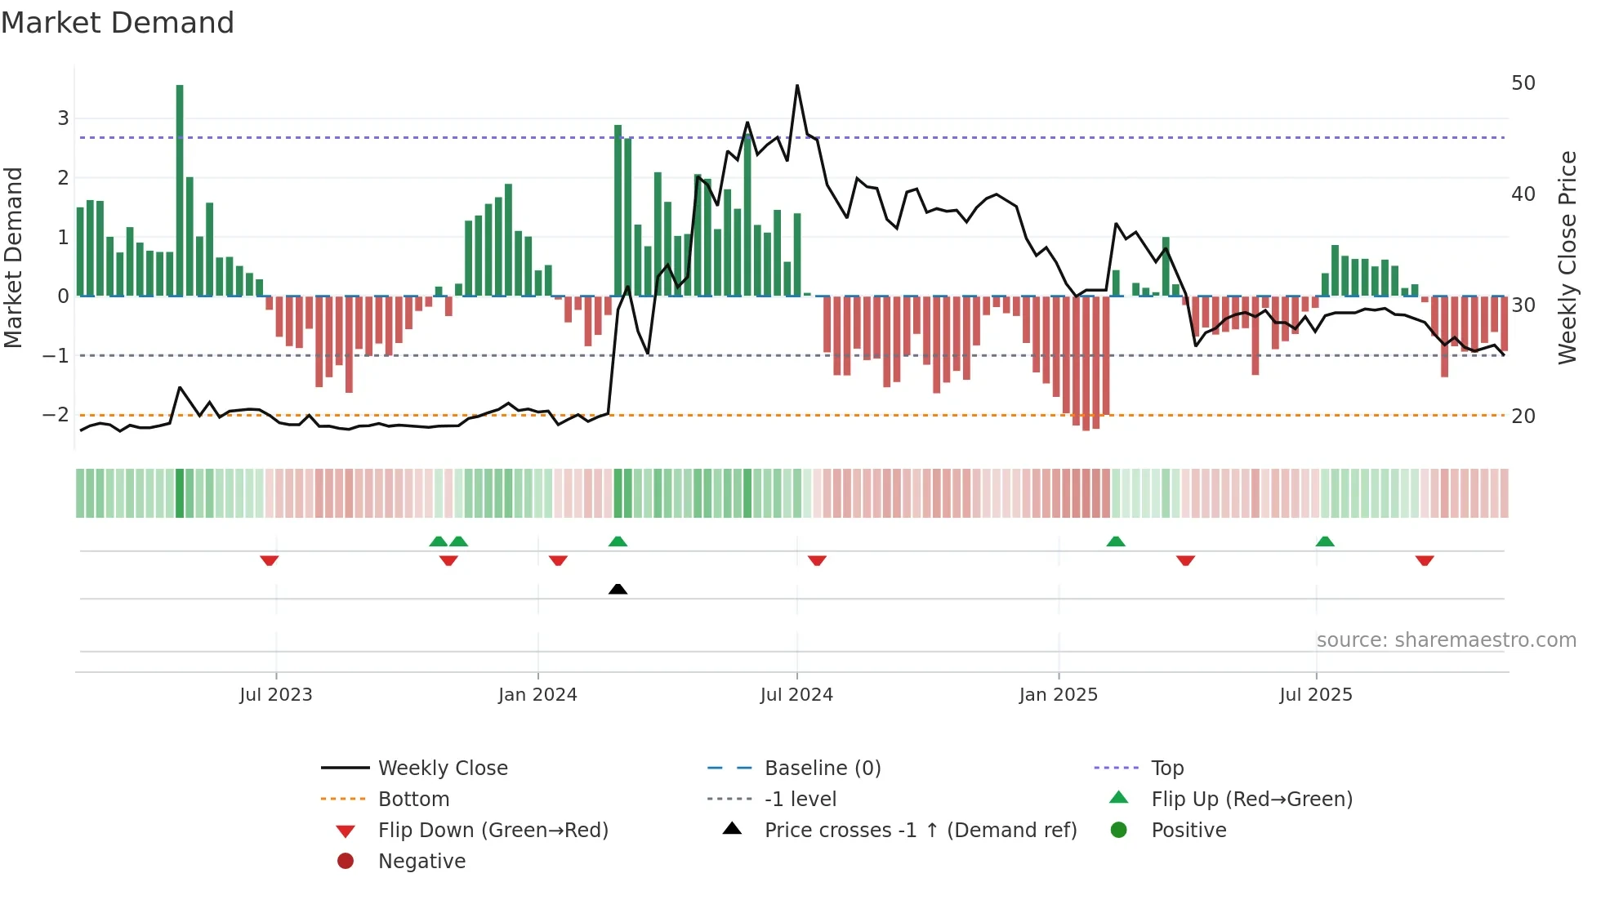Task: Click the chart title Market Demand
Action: coord(118,23)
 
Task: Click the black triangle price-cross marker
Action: coord(618,589)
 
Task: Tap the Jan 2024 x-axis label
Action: coord(537,695)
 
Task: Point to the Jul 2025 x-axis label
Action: coord(1316,695)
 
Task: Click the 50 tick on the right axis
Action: coord(1523,83)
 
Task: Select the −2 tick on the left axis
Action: coord(56,415)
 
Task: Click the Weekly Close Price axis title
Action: coord(1567,257)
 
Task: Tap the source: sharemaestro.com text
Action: coord(1446,640)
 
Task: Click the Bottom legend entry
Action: coord(413,800)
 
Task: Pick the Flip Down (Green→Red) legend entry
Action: coord(493,831)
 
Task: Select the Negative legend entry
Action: coord(421,862)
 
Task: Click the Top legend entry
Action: coord(1167,769)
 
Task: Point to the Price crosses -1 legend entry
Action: coord(920,831)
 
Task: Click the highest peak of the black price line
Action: coord(797,86)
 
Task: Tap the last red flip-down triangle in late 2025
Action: coord(1425,560)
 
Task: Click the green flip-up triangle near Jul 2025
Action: coord(1325,541)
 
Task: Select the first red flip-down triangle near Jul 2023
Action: coord(270,560)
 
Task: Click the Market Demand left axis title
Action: coord(13,257)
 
